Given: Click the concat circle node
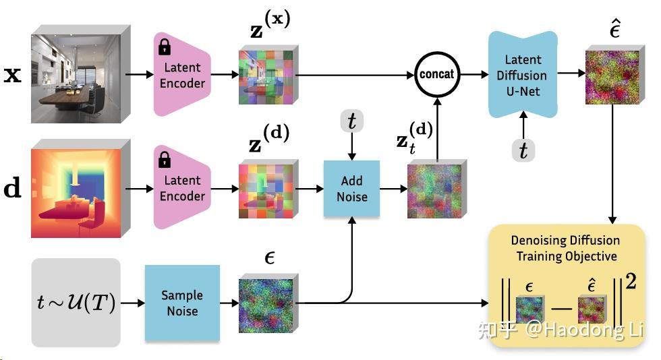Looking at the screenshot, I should pyautogui.click(x=437, y=74).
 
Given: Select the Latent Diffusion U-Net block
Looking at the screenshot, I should pyautogui.click(x=523, y=74).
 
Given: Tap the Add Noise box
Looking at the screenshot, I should pyautogui.click(x=352, y=188).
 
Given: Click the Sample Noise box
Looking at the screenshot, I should pyautogui.click(x=182, y=303).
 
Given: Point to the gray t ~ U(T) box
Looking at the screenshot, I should pyautogui.click(x=76, y=303).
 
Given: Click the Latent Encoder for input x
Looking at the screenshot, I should pyautogui.click(x=182, y=74).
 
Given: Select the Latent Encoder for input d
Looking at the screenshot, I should pyautogui.click(x=182, y=188).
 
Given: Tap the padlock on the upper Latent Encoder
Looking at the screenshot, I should pyautogui.click(x=164, y=47).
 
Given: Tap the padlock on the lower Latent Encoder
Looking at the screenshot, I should pyautogui.click(x=164, y=160).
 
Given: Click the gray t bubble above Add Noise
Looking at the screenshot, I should pyautogui.click(x=351, y=122).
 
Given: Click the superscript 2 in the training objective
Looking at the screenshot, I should pyautogui.click(x=631, y=282).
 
